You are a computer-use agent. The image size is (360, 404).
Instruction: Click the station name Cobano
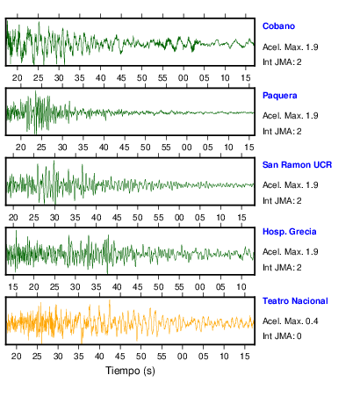278,26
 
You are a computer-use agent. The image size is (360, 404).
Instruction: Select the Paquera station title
279,96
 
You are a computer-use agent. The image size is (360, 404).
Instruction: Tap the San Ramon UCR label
297,165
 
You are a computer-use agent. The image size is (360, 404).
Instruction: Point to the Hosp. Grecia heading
289,232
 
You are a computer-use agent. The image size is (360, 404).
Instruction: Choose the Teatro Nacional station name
295,301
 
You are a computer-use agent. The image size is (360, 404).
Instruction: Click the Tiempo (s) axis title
130,371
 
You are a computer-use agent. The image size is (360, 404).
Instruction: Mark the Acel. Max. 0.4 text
290,321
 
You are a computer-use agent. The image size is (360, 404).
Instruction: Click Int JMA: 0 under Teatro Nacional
282,336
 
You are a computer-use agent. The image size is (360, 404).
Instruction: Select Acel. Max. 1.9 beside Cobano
290,47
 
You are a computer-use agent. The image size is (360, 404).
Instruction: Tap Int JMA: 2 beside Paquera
282,132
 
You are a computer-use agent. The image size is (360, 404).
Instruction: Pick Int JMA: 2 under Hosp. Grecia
282,268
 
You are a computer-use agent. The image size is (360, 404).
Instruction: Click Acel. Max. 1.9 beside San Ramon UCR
290,185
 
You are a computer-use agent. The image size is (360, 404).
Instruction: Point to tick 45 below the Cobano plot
121,78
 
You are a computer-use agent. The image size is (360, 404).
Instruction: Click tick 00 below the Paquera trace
187,148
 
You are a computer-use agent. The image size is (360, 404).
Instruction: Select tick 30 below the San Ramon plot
54,218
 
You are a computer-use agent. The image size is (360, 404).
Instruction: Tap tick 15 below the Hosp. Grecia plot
13,287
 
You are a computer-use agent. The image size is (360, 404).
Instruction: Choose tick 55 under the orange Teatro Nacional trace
162,357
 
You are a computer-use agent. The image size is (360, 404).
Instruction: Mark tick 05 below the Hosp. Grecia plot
220,287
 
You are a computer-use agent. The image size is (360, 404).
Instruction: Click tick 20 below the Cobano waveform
18,78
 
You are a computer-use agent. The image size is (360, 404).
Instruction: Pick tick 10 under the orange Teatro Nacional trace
224,357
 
